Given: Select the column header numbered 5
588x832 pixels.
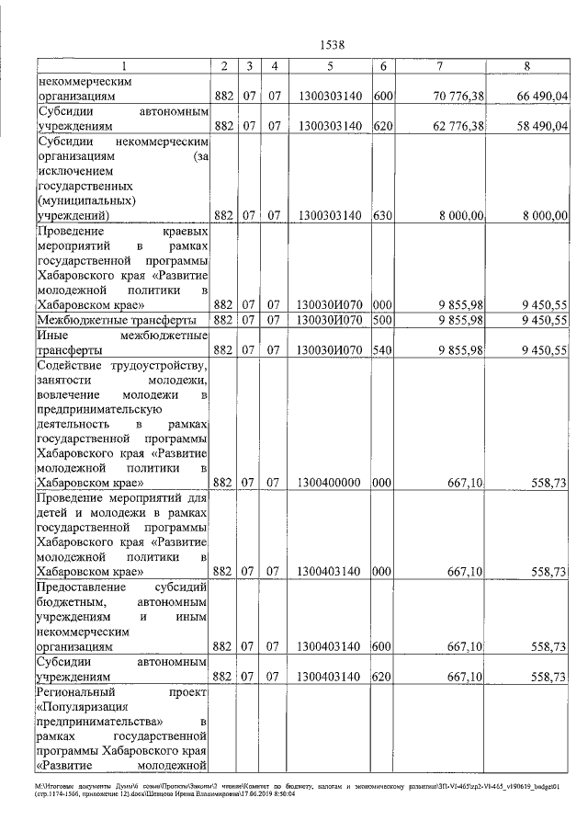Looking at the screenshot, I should coord(328,65).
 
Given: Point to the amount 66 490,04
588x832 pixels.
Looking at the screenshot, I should coord(542,95).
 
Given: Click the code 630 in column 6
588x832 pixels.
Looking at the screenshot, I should coord(384,215).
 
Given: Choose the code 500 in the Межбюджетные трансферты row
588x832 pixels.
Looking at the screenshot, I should coord(384,320).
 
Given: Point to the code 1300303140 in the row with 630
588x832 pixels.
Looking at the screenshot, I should coord(328,215).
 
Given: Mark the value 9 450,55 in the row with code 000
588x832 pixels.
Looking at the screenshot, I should coord(542,304).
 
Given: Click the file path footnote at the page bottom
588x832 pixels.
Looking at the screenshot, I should coord(295,791).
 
